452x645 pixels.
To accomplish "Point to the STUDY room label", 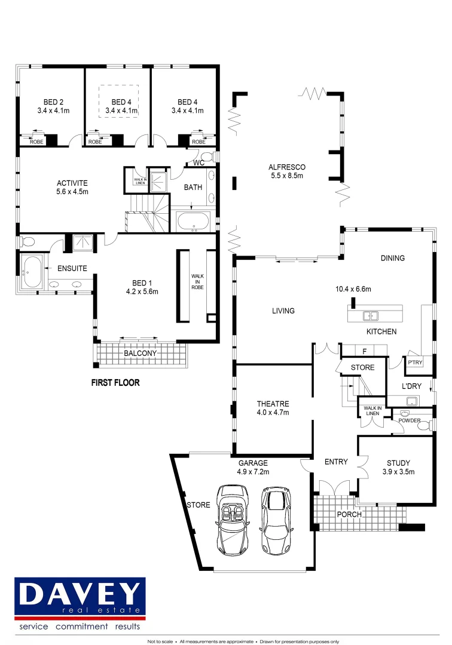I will click(398, 462).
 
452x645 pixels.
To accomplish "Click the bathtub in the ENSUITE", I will click(32, 272).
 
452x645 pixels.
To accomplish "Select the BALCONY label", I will click(141, 354).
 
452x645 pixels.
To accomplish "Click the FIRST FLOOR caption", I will click(115, 383).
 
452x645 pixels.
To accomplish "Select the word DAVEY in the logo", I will click(80, 593).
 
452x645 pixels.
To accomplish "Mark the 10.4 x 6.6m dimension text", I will click(354, 289).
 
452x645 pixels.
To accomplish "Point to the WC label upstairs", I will click(199, 162).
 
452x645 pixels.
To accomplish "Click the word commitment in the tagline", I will click(82, 626).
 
